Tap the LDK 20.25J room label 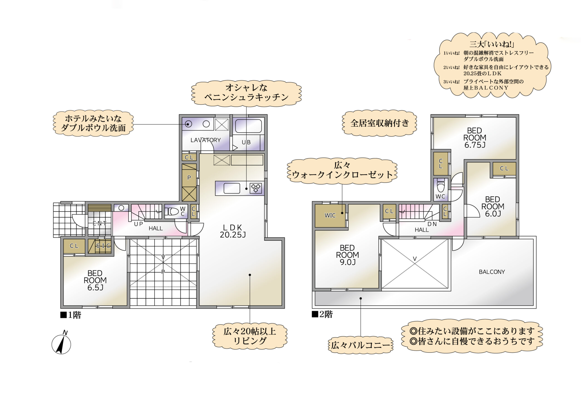click(x=233, y=231)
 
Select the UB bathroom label click(x=246, y=142)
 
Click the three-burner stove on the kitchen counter click(x=256, y=188)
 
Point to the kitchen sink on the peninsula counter click(x=232, y=188)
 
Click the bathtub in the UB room click(x=249, y=126)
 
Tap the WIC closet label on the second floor click(x=330, y=215)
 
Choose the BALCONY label click(x=492, y=272)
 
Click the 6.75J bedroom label click(x=475, y=138)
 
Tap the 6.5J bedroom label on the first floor click(x=95, y=280)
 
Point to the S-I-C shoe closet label click(x=103, y=246)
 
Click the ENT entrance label click(x=99, y=223)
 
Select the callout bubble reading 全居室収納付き click(x=379, y=123)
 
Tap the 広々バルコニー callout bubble click(x=360, y=345)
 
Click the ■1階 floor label click(x=71, y=315)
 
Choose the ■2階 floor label click(x=322, y=314)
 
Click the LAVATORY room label click(x=205, y=140)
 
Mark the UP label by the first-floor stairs click(x=138, y=224)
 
